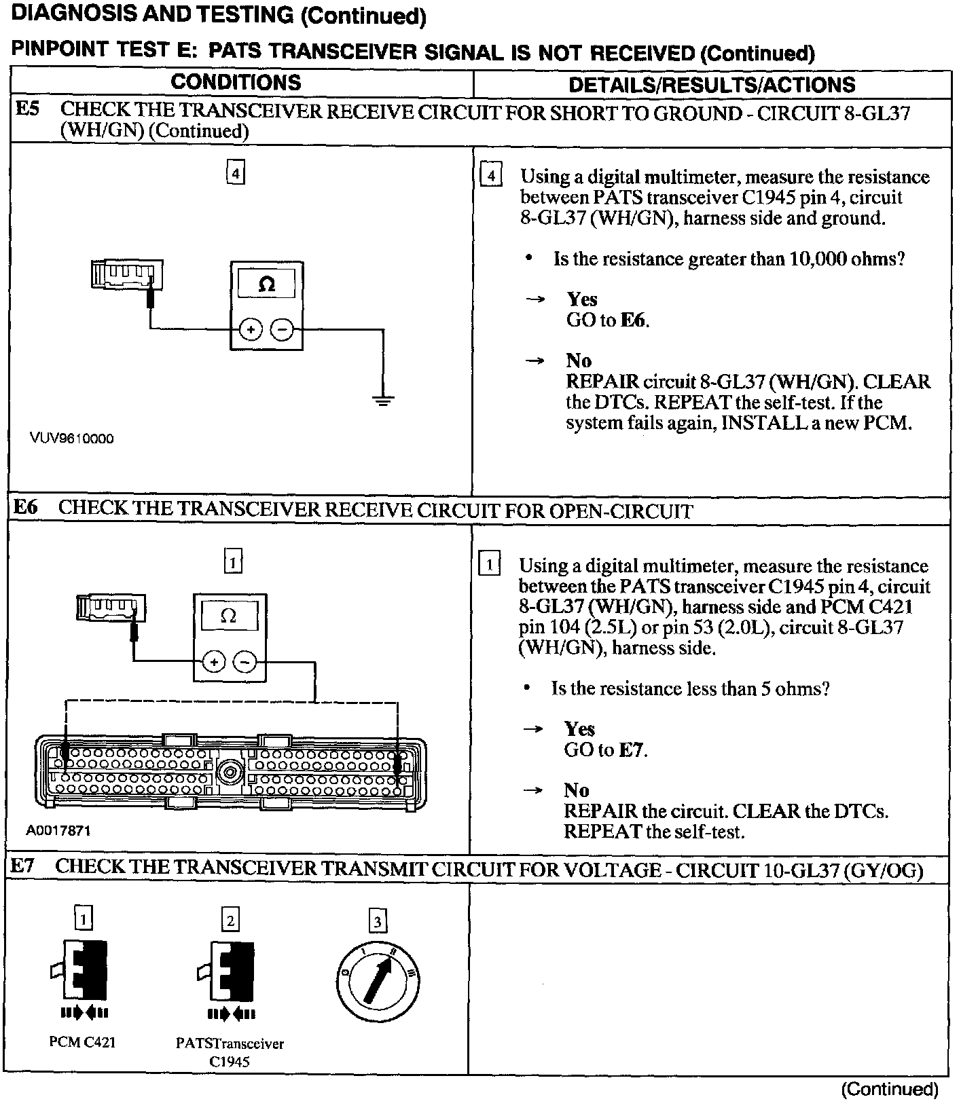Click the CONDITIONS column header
pyautogui.click(x=236, y=83)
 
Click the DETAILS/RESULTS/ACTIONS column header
pyautogui.click(x=711, y=85)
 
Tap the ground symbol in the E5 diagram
pyautogui.click(x=383, y=401)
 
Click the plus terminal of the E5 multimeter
pyautogui.click(x=251, y=330)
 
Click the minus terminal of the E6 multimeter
pyautogui.click(x=245, y=661)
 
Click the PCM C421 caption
pyautogui.click(x=82, y=1042)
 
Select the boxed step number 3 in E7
pyautogui.click(x=378, y=921)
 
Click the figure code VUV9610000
pyautogui.click(x=71, y=439)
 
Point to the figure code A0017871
pyautogui.click(x=58, y=830)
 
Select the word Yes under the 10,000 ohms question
pyautogui.click(x=582, y=299)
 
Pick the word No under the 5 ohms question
pyautogui.click(x=576, y=790)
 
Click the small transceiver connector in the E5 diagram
pyautogui.click(x=127, y=274)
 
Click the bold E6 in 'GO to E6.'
pyautogui.click(x=633, y=320)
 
